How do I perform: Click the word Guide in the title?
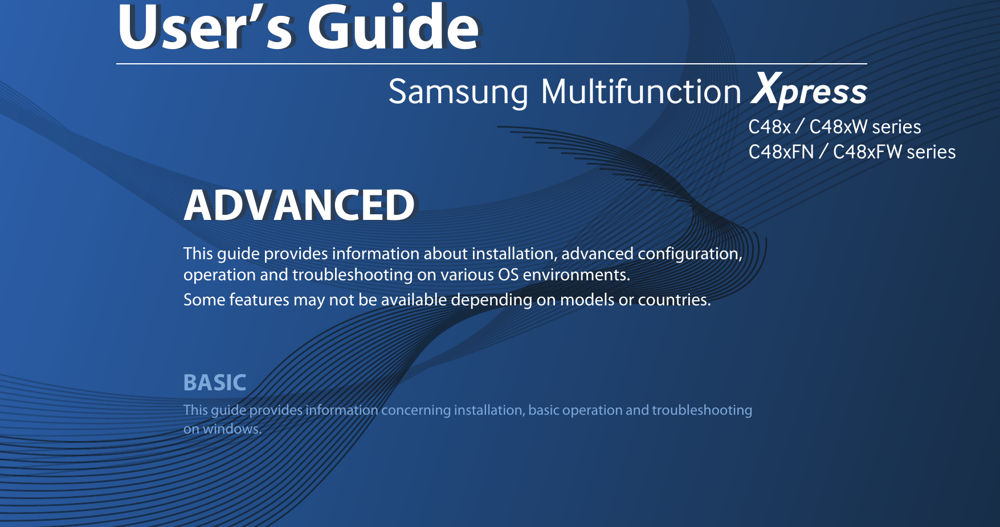[x=394, y=28]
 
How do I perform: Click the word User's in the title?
[x=205, y=28]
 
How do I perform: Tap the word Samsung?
[x=458, y=92]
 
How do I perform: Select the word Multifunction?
[x=641, y=92]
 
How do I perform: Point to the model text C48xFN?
[x=781, y=152]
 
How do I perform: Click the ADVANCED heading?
[x=299, y=206]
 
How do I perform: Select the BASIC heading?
[x=215, y=383]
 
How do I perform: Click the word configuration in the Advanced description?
[x=689, y=254]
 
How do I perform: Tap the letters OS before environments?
[x=508, y=275]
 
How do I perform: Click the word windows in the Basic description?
[x=232, y=429]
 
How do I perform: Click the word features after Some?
[x=259, y=300]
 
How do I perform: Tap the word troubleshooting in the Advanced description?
[x=352, y=275]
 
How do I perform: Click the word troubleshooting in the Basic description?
[x=702, y=410]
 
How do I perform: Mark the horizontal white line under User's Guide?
[x=491, y=64]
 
